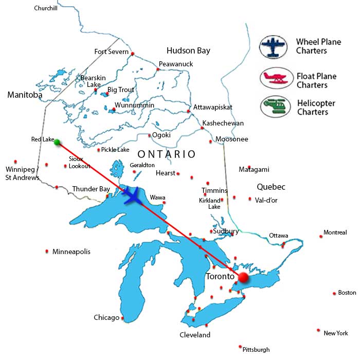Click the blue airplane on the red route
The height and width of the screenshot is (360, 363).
pyautogui.click(x=134, y=196)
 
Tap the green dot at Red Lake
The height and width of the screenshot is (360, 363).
pyautogui.click(x=57, y=142)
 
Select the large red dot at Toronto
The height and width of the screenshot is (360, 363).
pyautogui.click(x=243, y=278)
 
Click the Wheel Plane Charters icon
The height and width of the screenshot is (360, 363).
pyautogui.click(x=273, y=46)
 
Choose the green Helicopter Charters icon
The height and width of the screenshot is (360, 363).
pyautogui.click(x=273, y=106)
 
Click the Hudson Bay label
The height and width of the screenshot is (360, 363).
pyautogui.click(x=188, y=50)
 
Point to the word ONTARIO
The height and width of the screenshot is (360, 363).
pyautogui.click(x=167, y=154)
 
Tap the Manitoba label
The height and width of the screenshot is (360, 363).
pyautogui.click(x=24, y=95)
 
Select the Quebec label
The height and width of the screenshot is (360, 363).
pyautogui.click(x=272, y=187)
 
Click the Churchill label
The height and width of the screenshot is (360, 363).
pyautogui.click(x=46, y=8)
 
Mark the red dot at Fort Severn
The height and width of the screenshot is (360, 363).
pyautogui.click(x=133, y=54)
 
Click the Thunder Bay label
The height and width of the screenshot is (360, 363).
pyautogui.click(x=91, y=189)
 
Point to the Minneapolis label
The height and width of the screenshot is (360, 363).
pyautogui.click(x=71, y=251)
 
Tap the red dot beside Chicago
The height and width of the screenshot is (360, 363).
pyautogui.click(x=123, y=318)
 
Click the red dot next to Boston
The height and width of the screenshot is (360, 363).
pyautogui.click(x=334, y=293)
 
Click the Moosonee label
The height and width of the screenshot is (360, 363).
pyautogui.click(x=231, y=139)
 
